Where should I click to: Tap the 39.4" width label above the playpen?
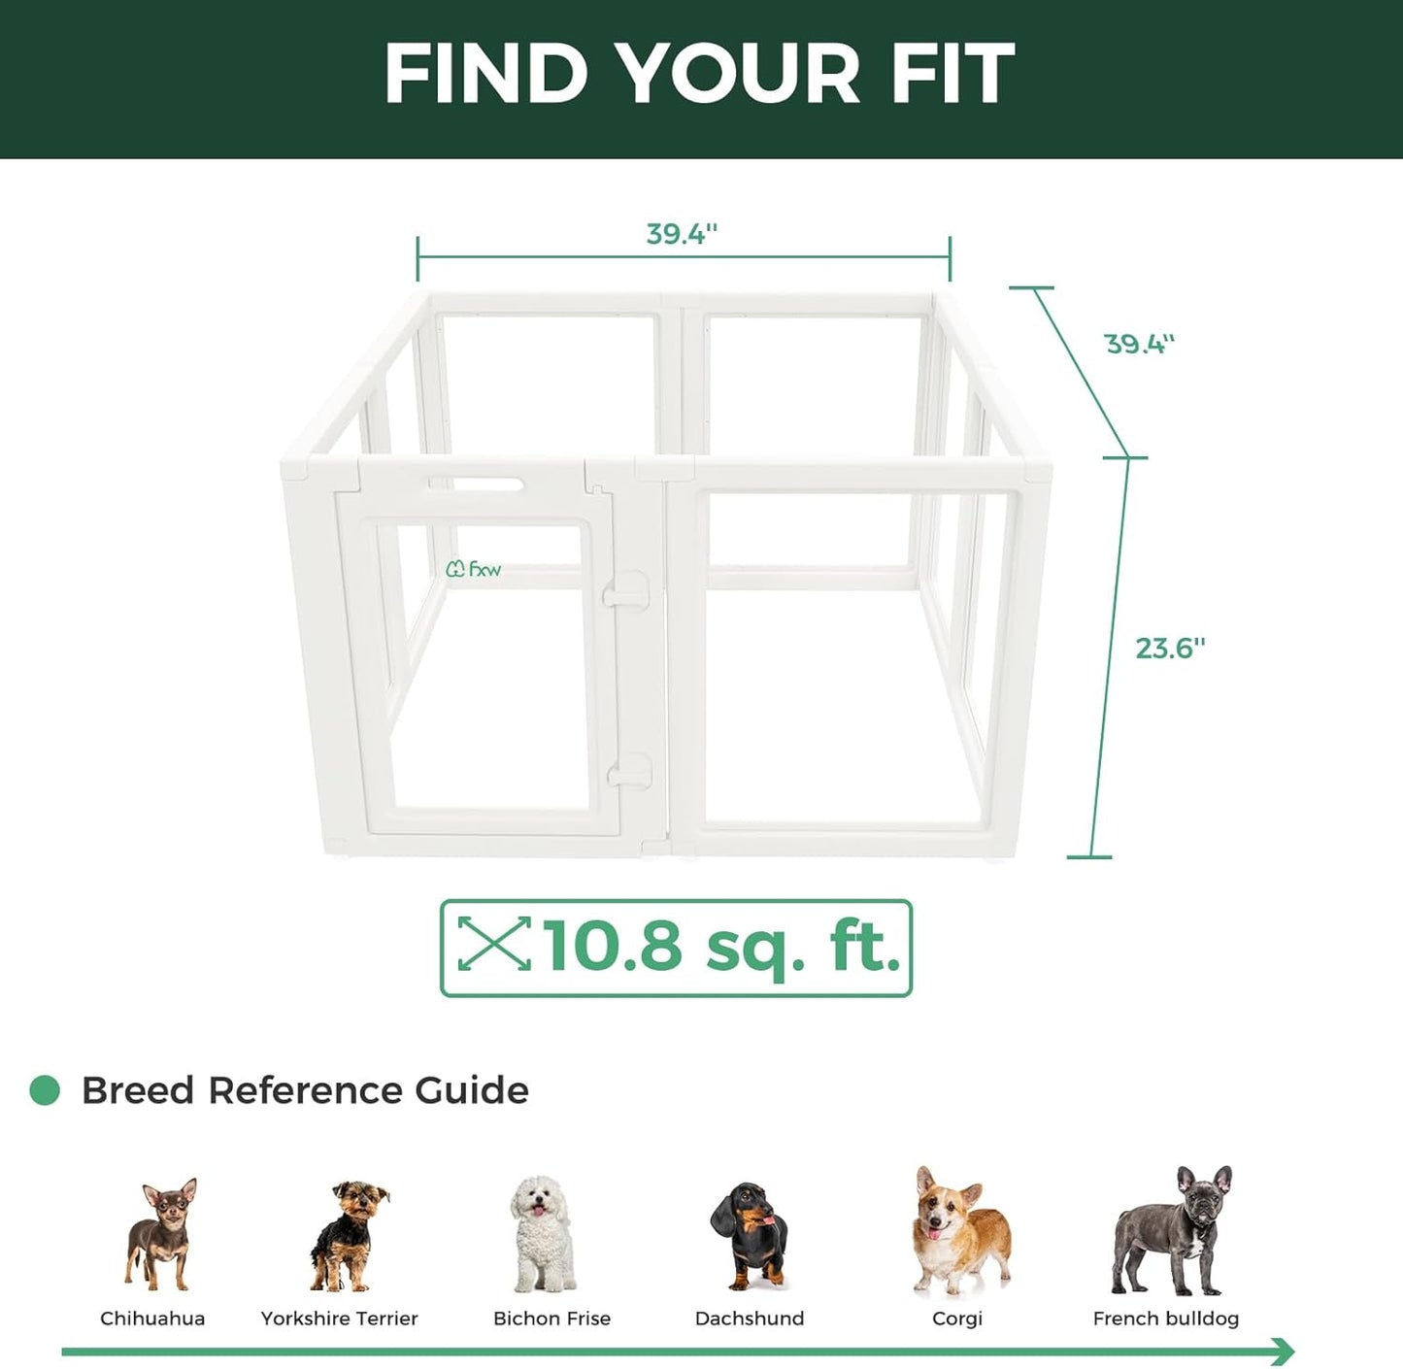[682, 234]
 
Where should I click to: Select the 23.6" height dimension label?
[1170, 648]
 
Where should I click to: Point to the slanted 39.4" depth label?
[1139, 344]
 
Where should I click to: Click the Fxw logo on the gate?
[474, 569]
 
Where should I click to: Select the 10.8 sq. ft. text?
[720, 947]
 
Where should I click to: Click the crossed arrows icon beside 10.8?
[494, 944]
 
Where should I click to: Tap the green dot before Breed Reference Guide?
[45, 1090]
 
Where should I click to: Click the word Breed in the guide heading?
[138, 1090]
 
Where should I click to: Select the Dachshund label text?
[750, 1319]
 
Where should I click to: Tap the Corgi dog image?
[959, 1231]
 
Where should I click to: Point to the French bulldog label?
[1165, 1319]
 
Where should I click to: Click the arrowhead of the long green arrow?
[1284, 1351]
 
